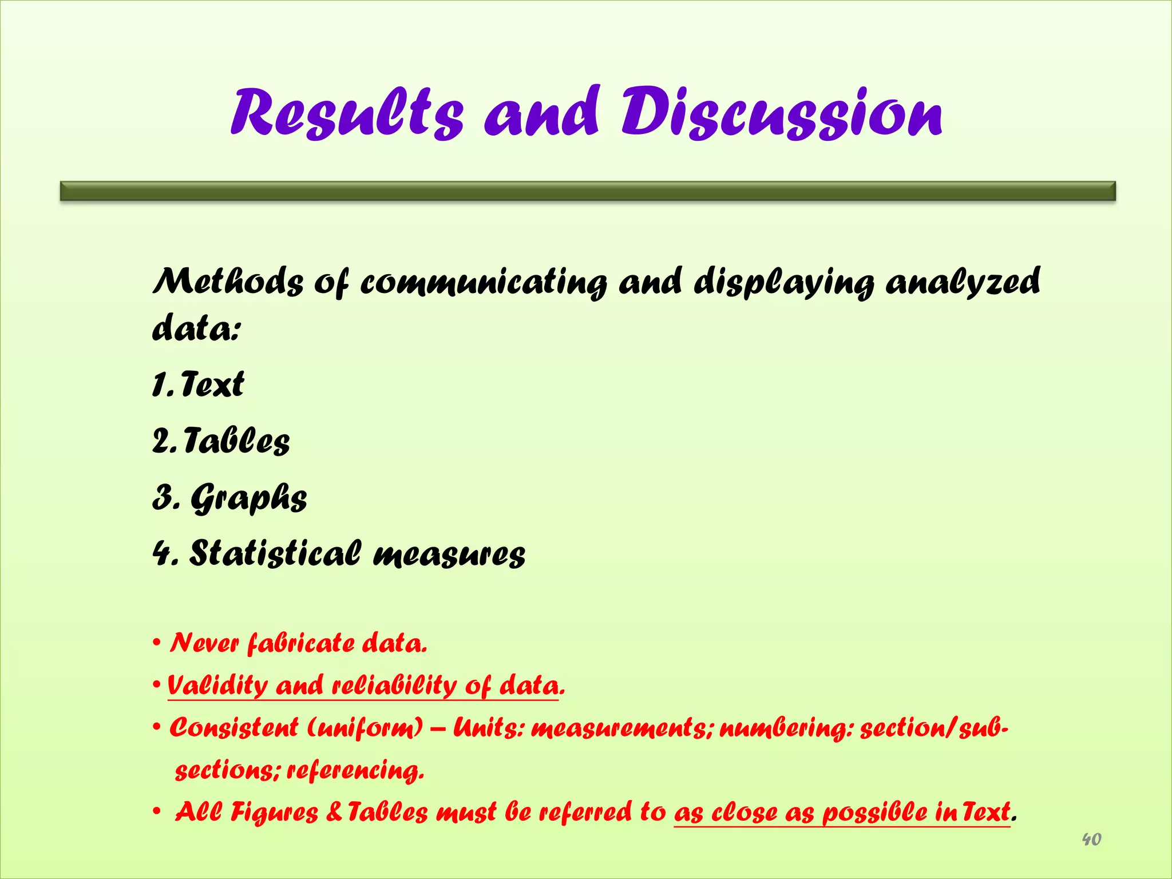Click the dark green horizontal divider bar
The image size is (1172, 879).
click(588, 191)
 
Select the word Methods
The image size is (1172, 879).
click(228, 282)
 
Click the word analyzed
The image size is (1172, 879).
click(963, 282)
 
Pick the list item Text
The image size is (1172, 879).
click(212, 384)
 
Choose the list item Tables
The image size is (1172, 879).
click(236, 441)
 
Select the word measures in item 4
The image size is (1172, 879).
click(449, 554)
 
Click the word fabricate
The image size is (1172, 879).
click(300, 643)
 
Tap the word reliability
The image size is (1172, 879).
click(394, 685)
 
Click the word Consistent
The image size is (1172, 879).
click(234, 728)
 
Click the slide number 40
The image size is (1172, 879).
click(1091, 840)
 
